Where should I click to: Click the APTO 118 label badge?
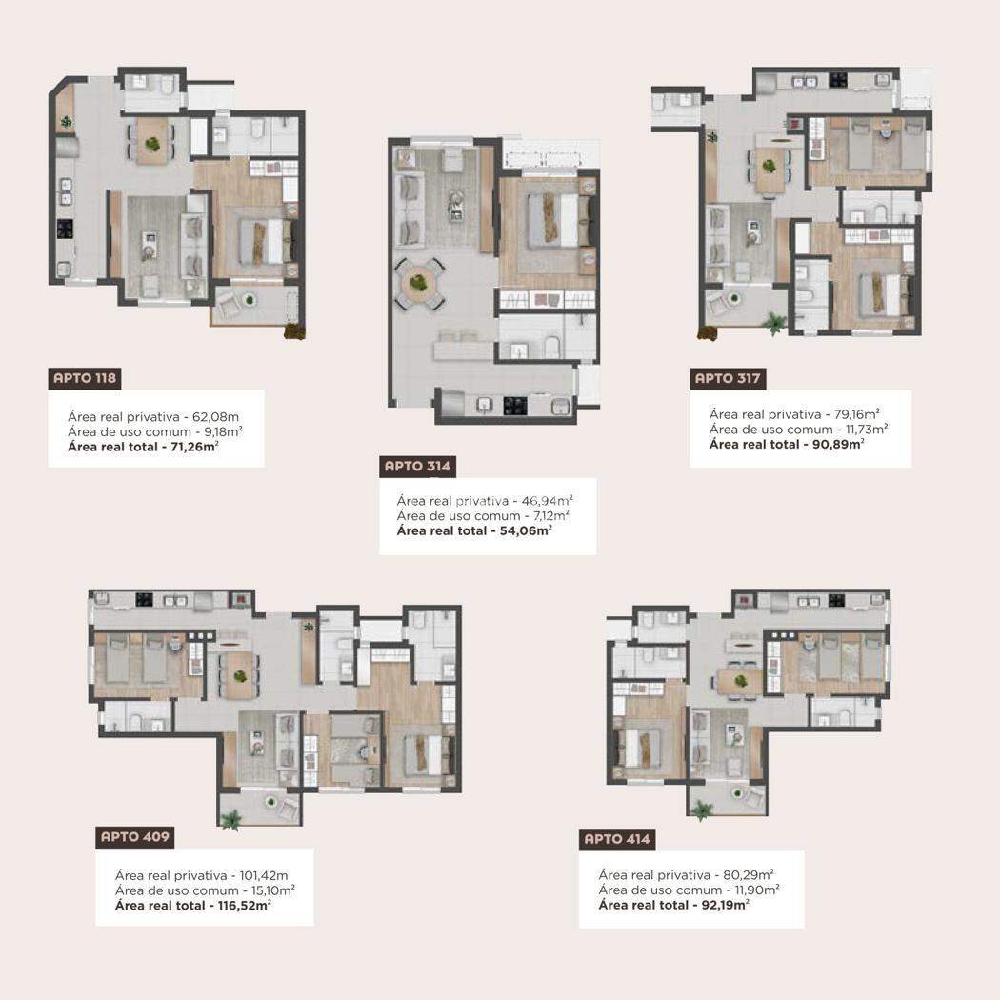click(x=84, y=378)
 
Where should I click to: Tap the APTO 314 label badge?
click(x=417, y=467)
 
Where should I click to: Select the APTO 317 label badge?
click(x=728, y=378)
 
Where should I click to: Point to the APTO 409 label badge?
click(x=134, y=837)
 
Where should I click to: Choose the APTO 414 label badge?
click(x=617, y=839)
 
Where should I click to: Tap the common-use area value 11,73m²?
click(x=867, y=430)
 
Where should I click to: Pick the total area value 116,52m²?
click(x=241, y=905)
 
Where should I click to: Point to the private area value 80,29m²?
click(x=749, y=874)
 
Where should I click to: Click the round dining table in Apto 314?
click(x=419, y=283)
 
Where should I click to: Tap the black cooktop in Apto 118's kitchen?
click(x=65, y=229)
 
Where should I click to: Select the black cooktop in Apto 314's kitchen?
click(x=515, y=406)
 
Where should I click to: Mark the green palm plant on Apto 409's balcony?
click(x=230, y=820)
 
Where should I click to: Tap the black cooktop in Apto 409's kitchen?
click(x=145, y=600)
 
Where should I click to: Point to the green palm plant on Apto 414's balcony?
click(x=702, y=810)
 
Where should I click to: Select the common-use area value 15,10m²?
click(x=273, y=890)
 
